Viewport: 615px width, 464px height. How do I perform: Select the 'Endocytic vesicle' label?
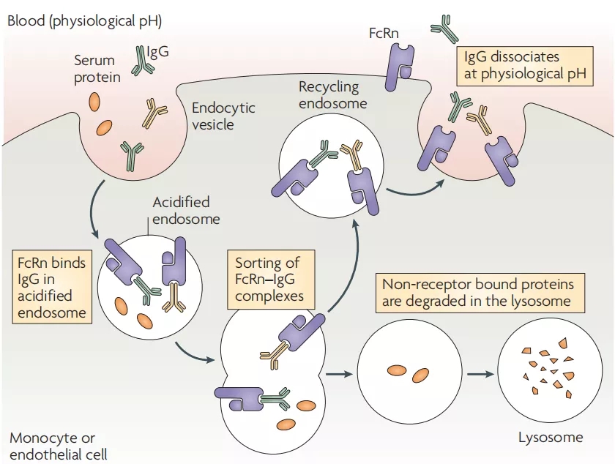[223, 116]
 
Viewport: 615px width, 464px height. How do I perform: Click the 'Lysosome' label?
[551, 438]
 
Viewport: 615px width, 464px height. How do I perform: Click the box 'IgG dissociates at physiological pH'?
[523, 65]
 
